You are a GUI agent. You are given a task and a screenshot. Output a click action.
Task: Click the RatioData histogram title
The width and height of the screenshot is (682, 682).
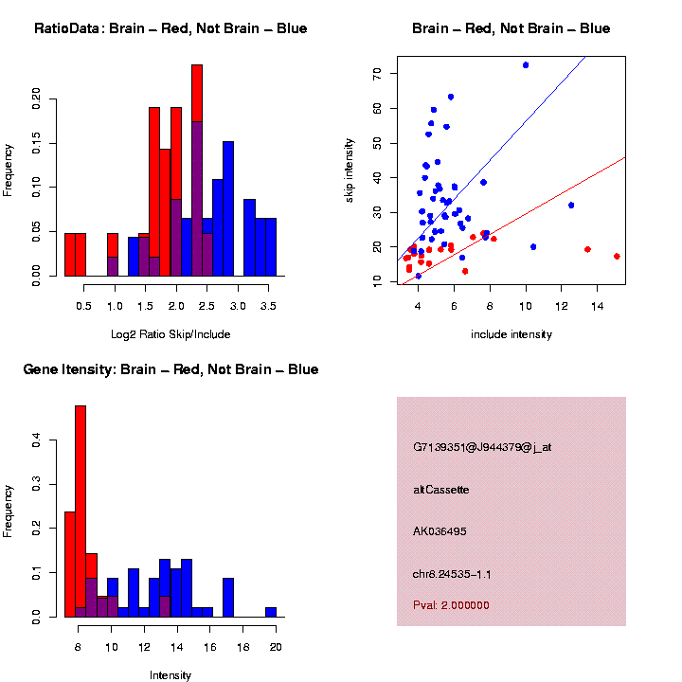click(170, 28)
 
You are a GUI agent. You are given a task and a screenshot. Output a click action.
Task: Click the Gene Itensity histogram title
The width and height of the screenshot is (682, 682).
click(170, 369)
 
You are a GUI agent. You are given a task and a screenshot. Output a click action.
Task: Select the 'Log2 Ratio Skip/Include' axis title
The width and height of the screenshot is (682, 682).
click(170, 334)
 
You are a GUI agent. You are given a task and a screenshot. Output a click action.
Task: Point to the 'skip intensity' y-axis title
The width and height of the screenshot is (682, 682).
click(350, 169)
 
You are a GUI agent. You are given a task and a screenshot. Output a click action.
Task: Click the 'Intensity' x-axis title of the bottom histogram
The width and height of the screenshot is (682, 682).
click(170, 675)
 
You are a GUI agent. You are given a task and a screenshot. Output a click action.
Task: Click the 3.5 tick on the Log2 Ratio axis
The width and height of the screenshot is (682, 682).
click(268, 307)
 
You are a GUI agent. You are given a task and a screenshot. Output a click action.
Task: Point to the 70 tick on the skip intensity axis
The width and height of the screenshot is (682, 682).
click(376, 73)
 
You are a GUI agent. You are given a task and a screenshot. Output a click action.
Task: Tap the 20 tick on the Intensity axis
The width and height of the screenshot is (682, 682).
click(276, 648)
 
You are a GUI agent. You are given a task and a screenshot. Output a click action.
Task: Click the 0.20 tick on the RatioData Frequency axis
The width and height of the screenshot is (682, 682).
click(36, 98)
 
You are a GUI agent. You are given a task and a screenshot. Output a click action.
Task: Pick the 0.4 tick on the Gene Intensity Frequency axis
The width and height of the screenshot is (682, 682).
click(36, 440)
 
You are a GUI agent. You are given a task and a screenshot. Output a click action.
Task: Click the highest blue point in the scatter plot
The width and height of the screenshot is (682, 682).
click(526, 65)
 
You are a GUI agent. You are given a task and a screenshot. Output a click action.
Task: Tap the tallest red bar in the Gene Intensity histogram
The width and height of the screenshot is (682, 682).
click(81, 511)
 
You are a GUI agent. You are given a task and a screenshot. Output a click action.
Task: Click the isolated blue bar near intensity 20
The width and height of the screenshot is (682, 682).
click(271, 612)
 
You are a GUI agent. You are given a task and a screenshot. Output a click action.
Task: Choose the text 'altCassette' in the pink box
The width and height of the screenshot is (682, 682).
click(441, 490)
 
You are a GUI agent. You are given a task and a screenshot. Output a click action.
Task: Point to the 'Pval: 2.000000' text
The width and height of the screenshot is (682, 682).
click(451, 605)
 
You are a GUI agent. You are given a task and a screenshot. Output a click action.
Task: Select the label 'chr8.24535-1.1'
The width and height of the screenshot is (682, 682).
click(452, 574)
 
